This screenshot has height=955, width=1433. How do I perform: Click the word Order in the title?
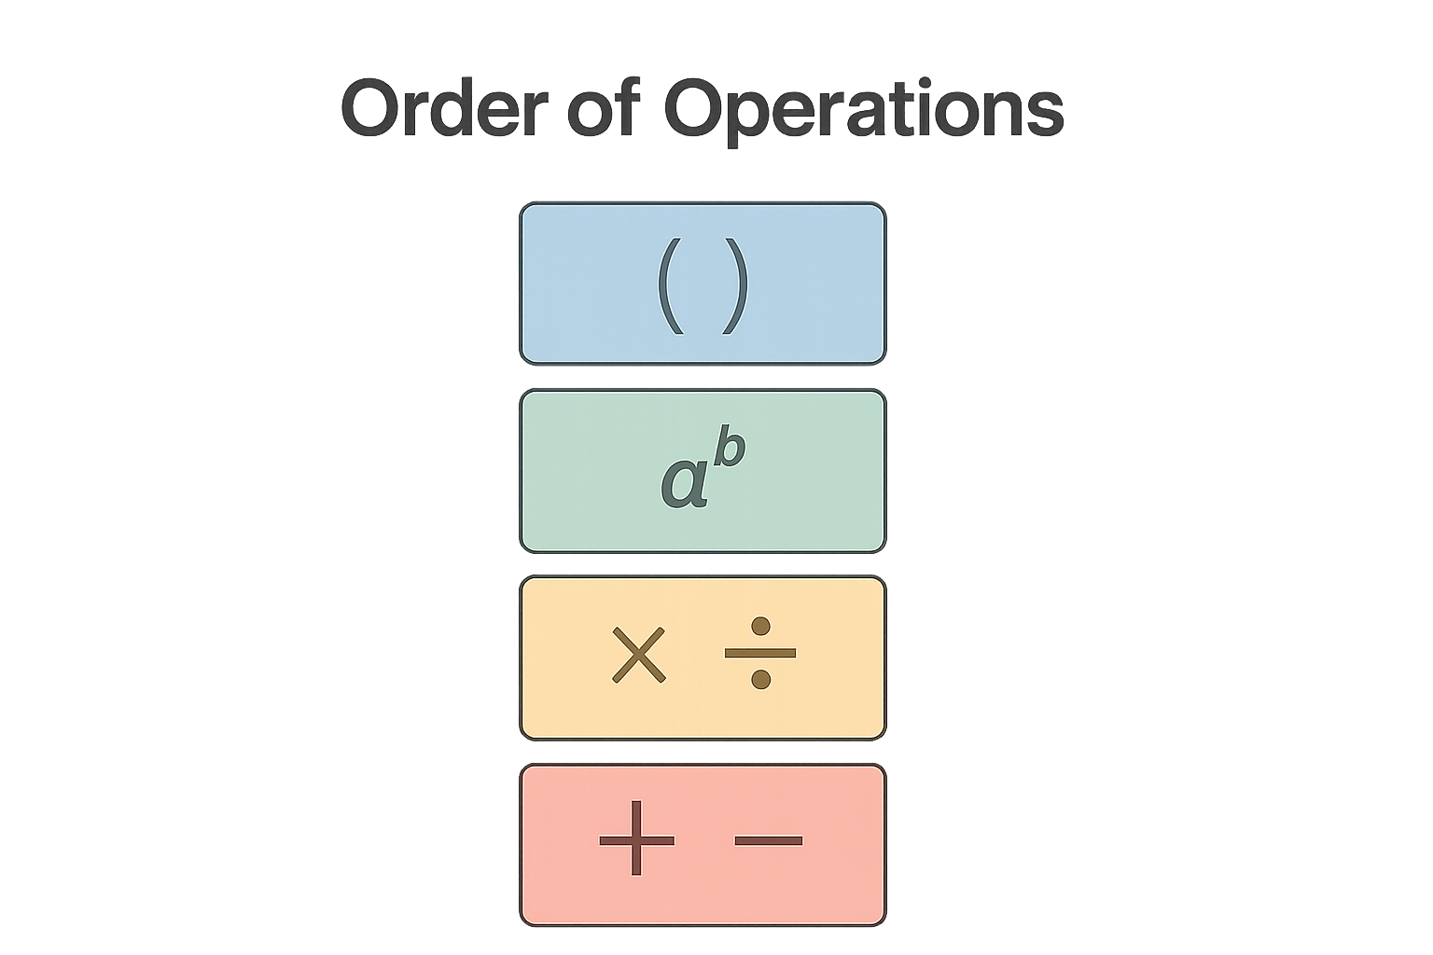445,107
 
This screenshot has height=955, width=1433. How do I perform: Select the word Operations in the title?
864,112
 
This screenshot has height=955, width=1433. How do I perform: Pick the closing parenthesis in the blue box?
736,285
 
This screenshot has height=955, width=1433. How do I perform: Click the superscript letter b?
730,445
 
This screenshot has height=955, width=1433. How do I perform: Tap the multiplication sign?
638,655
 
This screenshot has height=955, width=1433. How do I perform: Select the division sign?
760,653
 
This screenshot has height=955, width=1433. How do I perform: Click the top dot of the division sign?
760,626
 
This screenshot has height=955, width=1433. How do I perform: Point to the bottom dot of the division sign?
760,680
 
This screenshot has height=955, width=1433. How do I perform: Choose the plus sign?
636,840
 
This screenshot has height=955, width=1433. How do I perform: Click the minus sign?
769,840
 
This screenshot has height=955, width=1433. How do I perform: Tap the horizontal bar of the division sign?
760,653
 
